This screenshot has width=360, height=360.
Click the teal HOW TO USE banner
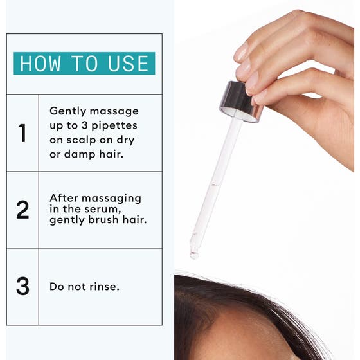84,64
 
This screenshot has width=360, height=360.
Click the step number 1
22,133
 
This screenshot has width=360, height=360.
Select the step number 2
22,210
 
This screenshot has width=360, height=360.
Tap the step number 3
22,286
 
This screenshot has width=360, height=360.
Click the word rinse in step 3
103,287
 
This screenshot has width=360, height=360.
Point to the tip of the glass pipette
194,254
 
